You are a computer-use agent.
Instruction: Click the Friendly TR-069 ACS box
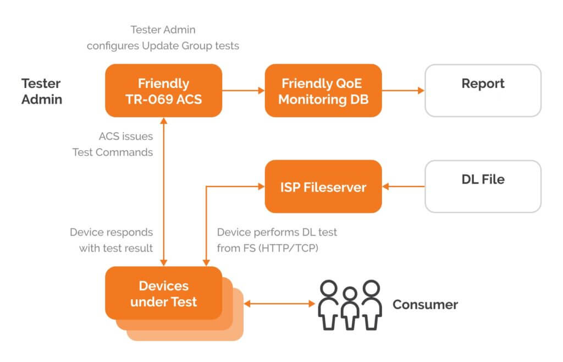pos(163,90)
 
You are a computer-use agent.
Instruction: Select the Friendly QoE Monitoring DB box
pos(323,90)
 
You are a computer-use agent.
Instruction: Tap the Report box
pos(483,90)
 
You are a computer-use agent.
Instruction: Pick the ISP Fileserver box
pos(323,187)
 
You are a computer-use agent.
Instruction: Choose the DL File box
pos(483,187)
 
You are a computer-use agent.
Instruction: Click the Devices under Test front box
pos(163,293)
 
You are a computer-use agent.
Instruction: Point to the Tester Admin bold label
pos(42,91)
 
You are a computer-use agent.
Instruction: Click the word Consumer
pos(425,305)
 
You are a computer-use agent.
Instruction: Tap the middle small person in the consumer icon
pos(350,308)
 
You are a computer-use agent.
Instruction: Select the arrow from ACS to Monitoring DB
pos(244,90)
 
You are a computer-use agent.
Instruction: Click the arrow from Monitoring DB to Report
pos(403,90)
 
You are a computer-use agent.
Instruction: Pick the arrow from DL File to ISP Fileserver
pos(403,187)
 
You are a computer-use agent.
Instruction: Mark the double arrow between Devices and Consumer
pos(279,304)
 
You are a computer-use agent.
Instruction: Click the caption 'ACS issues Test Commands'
pos(113,144)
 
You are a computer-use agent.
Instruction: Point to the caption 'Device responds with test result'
pos(111,240)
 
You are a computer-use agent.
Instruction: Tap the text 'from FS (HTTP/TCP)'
pos(268,248)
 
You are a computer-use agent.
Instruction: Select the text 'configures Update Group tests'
pos(163,46)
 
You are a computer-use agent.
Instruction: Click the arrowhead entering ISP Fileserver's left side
pos(261,187)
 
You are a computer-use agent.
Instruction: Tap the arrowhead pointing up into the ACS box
pos(164,120)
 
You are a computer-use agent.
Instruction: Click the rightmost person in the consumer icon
pos(371,305)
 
